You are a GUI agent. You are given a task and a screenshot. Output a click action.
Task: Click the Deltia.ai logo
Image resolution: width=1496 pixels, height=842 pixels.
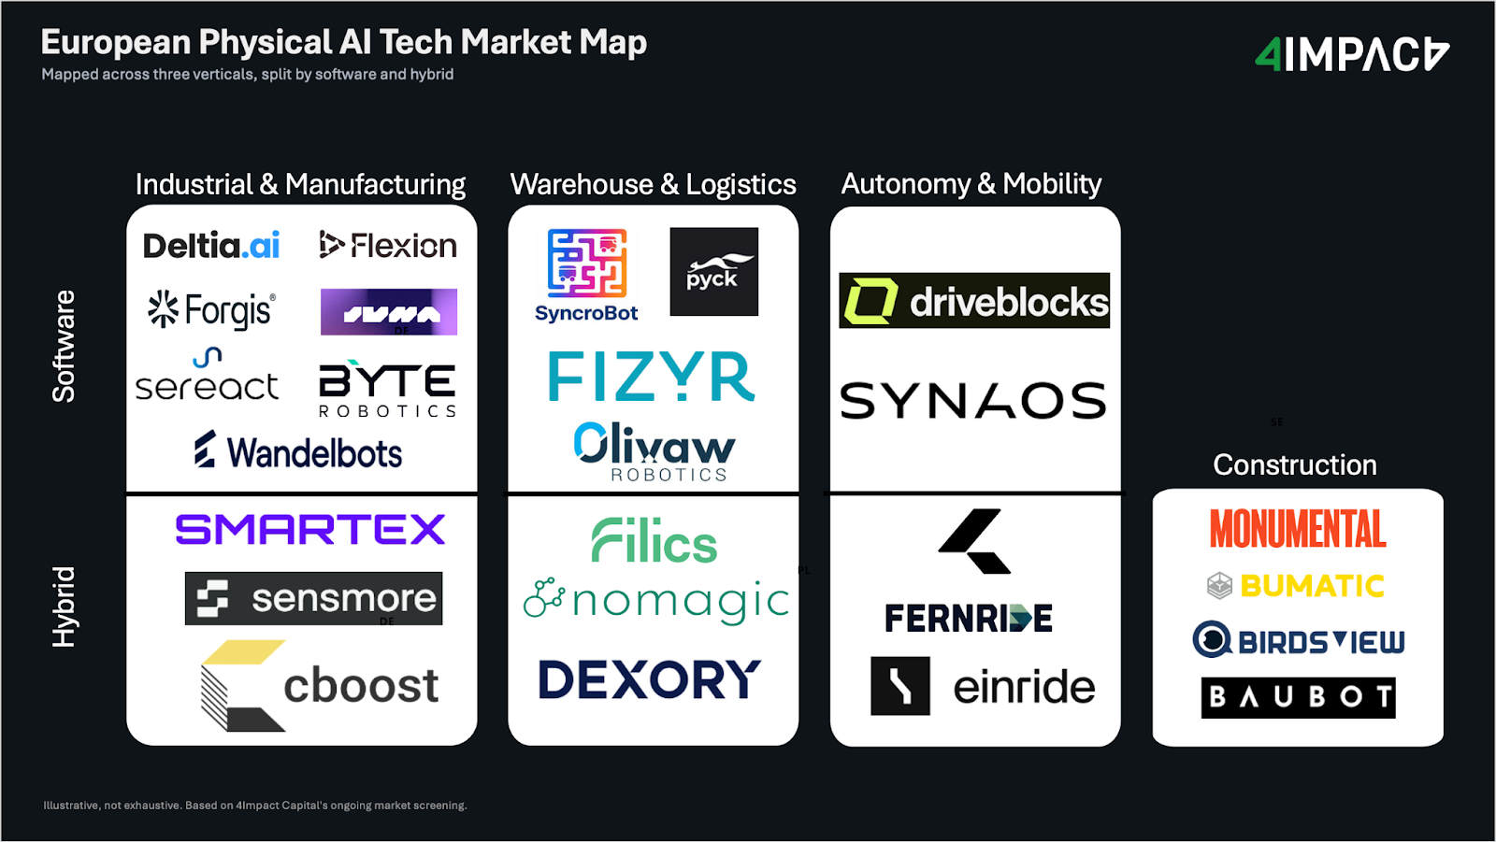211,246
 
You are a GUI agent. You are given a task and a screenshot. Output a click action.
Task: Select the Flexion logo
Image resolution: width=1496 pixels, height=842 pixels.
388,246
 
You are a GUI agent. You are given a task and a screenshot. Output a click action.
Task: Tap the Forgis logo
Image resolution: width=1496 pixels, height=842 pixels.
211,310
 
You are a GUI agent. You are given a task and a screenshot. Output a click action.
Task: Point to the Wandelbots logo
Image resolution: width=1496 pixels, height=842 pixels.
299,452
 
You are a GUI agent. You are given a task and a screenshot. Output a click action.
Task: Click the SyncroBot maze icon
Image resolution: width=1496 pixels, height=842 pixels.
587,263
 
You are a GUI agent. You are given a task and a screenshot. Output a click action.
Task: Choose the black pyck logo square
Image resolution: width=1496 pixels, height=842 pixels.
714,272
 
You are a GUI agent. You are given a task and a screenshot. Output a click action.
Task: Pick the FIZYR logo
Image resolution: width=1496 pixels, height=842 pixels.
652,377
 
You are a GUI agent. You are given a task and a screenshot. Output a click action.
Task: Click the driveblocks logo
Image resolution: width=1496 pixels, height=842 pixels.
974,301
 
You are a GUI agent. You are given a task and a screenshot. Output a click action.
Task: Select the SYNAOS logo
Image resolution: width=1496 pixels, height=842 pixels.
973,401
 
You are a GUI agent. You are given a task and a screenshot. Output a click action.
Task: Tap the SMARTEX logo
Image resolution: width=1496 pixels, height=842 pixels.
310,530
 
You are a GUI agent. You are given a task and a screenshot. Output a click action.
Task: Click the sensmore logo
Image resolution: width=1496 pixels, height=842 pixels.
313,598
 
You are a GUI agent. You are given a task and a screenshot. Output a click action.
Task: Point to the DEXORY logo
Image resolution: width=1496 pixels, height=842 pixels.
650,679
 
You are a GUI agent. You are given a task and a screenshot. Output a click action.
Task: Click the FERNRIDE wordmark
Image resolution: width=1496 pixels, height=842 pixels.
969,619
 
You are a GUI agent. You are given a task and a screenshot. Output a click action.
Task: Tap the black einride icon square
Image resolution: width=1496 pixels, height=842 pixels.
900,686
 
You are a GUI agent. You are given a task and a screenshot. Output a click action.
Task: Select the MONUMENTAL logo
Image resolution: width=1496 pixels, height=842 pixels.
1298,529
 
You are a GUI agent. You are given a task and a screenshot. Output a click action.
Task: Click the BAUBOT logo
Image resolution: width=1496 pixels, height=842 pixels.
1298,697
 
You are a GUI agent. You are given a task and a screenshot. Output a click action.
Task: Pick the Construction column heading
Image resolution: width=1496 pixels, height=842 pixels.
1295,464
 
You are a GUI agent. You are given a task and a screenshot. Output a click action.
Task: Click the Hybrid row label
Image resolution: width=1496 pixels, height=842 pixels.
64,607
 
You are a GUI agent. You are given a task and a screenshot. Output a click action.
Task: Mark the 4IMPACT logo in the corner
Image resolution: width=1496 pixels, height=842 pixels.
1352,55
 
